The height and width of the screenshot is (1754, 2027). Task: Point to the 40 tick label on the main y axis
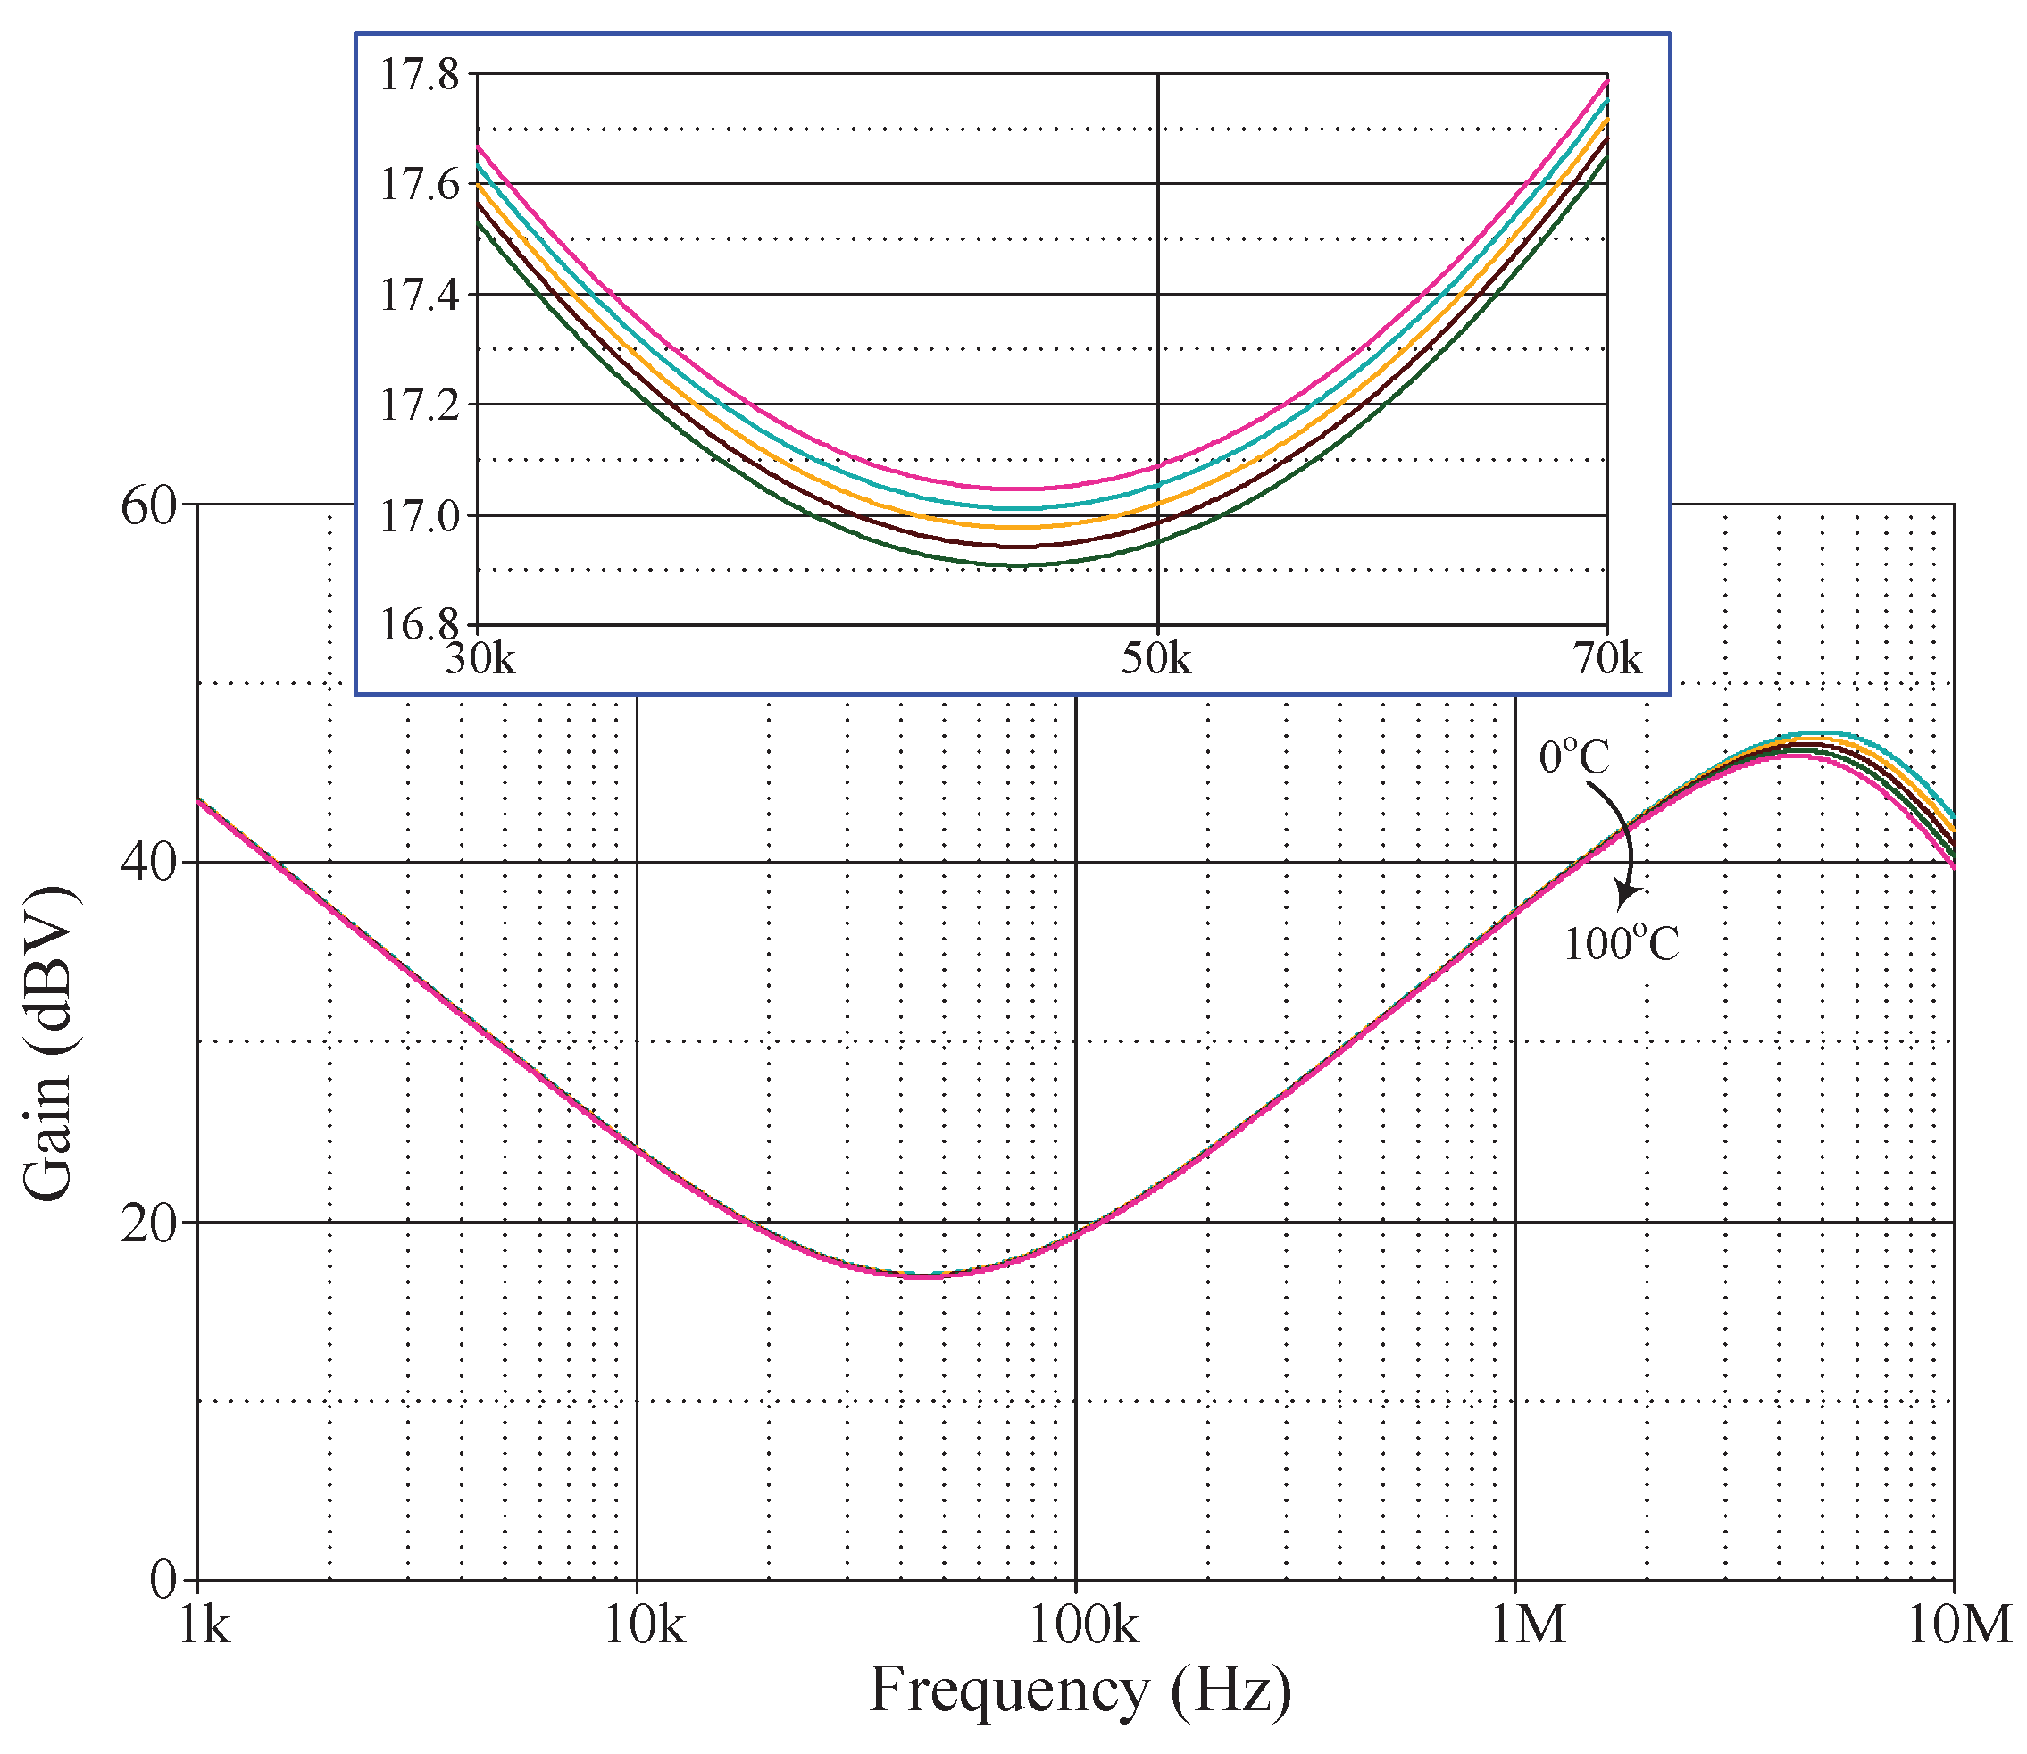click(150, 864)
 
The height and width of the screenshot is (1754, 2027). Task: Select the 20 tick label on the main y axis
click(150, 1224)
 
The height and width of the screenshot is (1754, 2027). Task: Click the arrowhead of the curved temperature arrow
click(1627, 894)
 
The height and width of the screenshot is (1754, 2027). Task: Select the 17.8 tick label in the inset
click(419, 75)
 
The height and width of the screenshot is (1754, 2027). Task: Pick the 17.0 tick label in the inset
click(419, 517)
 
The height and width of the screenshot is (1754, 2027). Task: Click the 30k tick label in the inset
click(480, 660)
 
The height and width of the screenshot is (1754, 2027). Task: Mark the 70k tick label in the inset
click(1607, 660)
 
